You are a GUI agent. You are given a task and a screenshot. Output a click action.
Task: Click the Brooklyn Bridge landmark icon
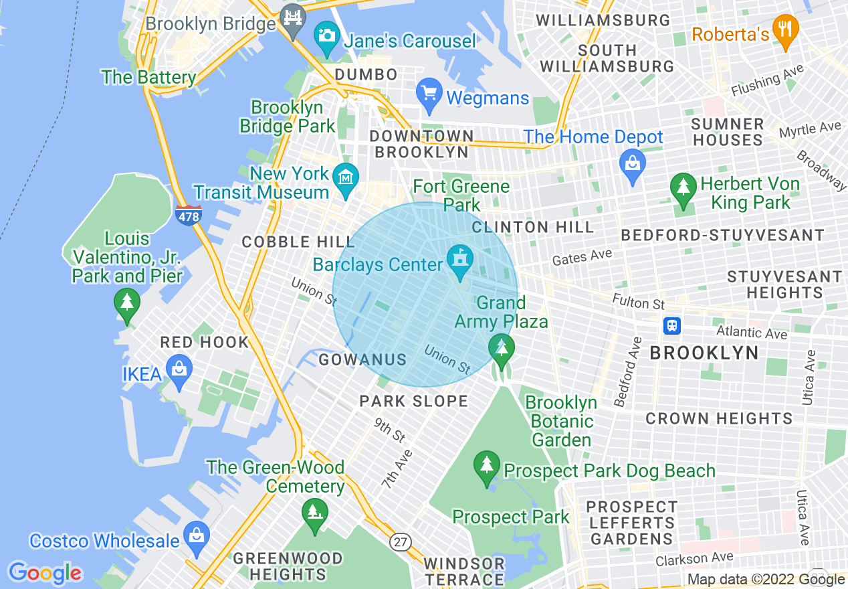pos(293,19)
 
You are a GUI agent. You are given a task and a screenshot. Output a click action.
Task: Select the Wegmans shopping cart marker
pos(428,93)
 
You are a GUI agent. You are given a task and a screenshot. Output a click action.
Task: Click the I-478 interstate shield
pos(189,216)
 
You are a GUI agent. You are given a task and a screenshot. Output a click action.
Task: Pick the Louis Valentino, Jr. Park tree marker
pos(127,303)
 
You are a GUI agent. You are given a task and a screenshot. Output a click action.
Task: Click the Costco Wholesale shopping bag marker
pos(196,537)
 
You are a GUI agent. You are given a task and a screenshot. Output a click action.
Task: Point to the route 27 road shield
pos(401,541)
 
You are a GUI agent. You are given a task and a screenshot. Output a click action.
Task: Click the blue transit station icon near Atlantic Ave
pos(672,325)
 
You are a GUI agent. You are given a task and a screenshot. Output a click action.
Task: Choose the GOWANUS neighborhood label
pos(362,360)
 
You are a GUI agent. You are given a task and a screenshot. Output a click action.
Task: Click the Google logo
pos(45,574)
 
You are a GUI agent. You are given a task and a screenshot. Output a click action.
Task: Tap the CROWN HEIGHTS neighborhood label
pos(719,419)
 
